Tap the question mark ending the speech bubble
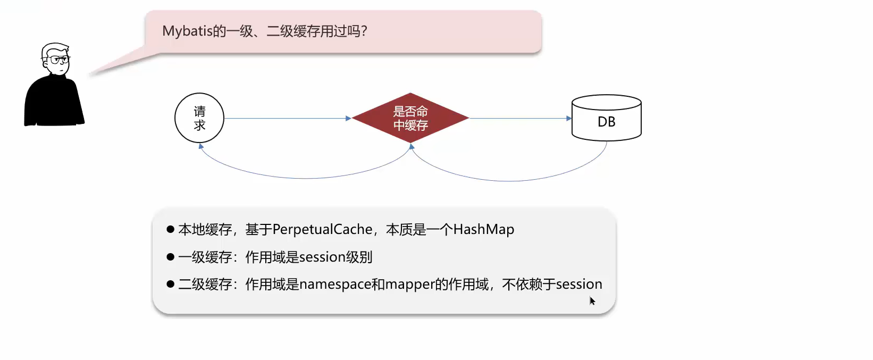364,31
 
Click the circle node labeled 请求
199,118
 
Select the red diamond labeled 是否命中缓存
410,118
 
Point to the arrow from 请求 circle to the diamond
287,118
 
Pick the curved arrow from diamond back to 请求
306,178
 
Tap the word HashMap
484,230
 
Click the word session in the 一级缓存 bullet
322,257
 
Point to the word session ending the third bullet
579,284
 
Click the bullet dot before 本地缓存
171,229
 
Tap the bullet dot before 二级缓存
171,284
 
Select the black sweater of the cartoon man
53,104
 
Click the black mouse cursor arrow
592,300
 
